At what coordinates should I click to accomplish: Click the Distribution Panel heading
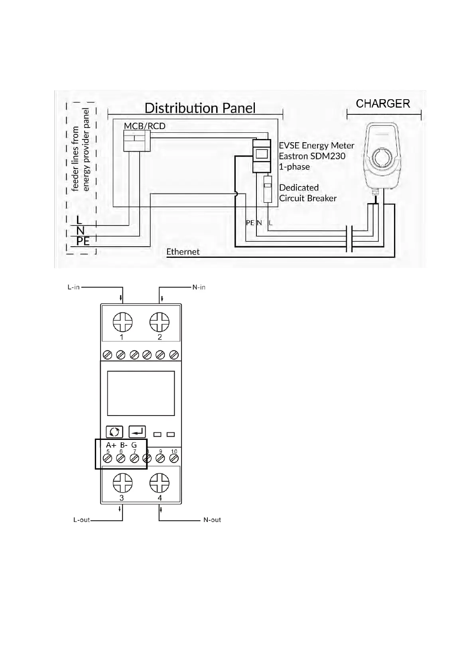click(x=200, y=108)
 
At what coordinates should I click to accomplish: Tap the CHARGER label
click(x=383, y=104)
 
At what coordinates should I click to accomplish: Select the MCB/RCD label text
click(x=144, y=126)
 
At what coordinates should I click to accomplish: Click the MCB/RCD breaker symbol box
click(x=137, y=141)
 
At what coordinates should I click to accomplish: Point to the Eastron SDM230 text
click(x=312, y=156)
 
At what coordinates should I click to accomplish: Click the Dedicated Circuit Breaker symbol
click(x=268, y=189)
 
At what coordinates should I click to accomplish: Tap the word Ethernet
click(x=183, y=252)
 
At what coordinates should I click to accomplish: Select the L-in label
click(x=74, y=287)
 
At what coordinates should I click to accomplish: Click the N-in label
click(x=199, y=287)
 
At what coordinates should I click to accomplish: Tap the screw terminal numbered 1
click(x=122, y=322)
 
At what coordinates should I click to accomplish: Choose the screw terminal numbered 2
click(x=159, y=322)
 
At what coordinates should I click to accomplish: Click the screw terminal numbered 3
click(x=122, y=483)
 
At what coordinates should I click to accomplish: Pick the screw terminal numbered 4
click(x=159, y=483)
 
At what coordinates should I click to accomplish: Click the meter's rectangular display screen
click(x=141, y=393)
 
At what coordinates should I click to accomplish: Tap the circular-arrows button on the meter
click(x=114, y=432)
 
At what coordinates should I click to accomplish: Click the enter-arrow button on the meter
click(x=137, y=432)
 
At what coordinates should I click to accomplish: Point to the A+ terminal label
click(x=111, y=445)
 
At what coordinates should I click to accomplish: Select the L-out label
click(x=81, y=520)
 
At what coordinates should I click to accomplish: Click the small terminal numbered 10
click(x=173, y=459)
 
